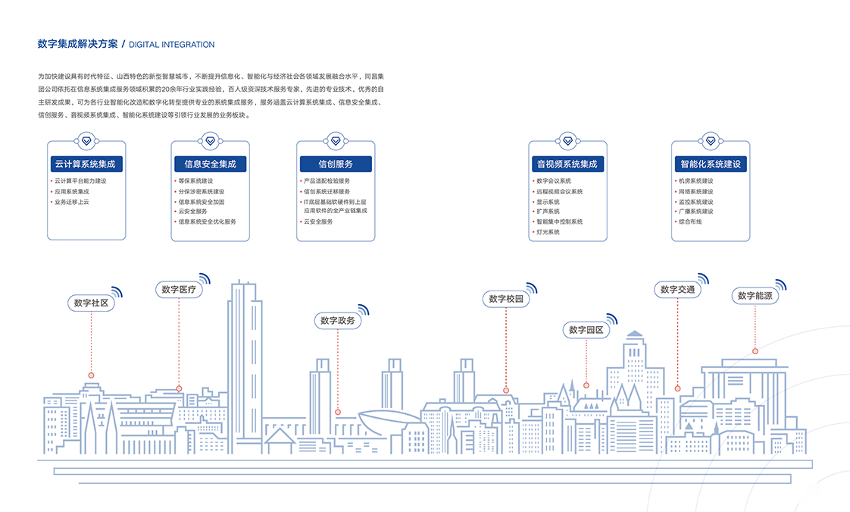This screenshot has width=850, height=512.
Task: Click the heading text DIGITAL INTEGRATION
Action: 171,45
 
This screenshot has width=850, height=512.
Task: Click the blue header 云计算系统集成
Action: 86,164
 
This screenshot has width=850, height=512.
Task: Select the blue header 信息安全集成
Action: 210,164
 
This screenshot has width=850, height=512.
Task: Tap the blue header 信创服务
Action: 336,164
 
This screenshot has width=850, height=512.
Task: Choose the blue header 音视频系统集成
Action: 567,164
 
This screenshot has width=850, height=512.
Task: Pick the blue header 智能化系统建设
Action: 710,164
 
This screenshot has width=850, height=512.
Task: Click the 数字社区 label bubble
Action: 91,303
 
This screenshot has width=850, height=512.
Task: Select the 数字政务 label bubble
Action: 337,321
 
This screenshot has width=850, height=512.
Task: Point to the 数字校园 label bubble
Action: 506,299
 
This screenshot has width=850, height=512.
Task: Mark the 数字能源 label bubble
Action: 755,296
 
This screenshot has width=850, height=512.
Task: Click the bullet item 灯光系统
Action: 548,232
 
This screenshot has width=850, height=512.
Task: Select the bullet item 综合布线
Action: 690,221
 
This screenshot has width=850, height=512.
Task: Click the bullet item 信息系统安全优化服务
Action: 207,221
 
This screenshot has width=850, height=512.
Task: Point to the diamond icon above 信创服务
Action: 336,141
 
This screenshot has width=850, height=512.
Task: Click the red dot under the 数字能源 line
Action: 755,351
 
